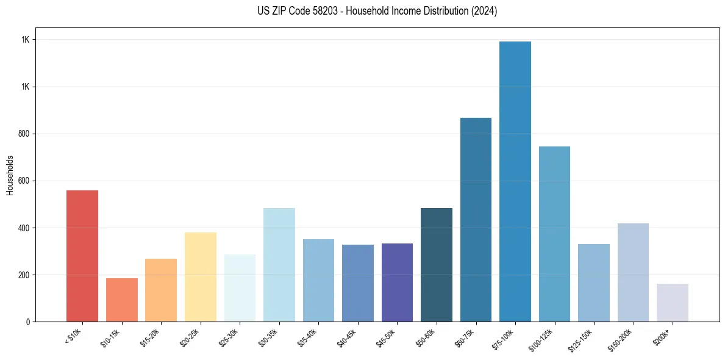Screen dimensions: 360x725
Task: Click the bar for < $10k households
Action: pos(82,256)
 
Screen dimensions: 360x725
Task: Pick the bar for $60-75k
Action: pos(476,220)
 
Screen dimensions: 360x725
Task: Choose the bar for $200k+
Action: pos(673,303)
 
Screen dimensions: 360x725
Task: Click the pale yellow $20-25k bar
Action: pos(201,277)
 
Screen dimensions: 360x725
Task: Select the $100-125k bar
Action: pos(554,234)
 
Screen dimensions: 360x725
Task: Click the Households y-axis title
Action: pos(10,175)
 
